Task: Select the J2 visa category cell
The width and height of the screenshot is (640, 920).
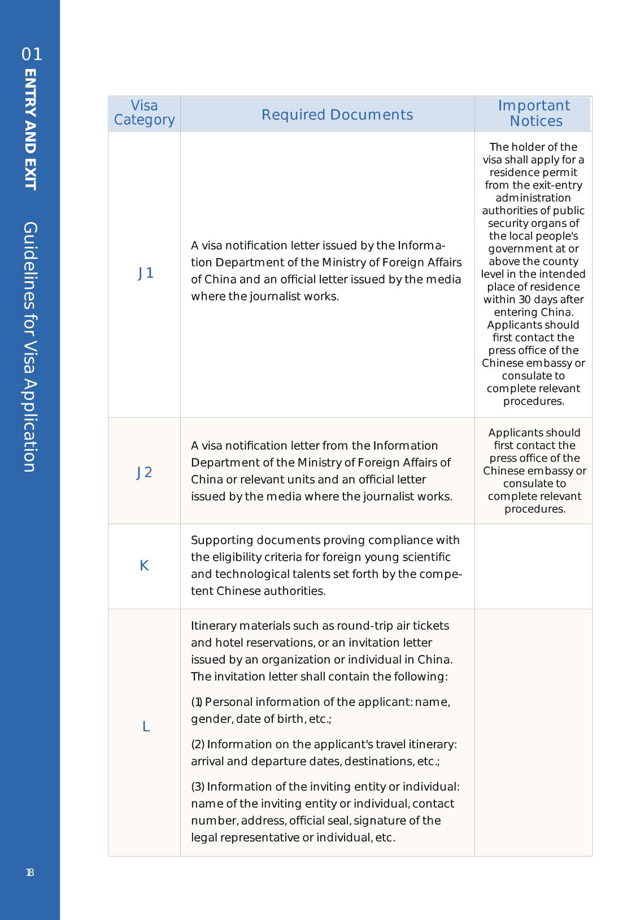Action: pos(145,473)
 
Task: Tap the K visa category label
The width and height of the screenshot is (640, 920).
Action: pos(144,566)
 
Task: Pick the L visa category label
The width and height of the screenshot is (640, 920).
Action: pos(146,727)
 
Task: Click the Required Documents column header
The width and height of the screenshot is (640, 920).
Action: pos(337,115)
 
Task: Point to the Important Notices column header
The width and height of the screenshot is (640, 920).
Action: pos(534,114)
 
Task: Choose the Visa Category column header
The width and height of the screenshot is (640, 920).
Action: pos(144,113)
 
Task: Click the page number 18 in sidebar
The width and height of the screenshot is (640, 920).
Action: pos(30,873)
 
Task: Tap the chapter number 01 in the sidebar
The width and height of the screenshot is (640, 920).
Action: pos(32,55)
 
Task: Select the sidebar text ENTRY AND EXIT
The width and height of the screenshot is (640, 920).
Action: pos(31,130)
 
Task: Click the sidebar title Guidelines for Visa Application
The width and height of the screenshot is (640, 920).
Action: pos(31,347)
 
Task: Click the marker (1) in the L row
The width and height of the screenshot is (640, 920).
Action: pos(197,702)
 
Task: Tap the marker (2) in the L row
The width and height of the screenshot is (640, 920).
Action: pos(198,744)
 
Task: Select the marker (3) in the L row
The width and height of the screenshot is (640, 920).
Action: pos(198,787)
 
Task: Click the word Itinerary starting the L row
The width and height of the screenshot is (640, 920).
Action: pos(214,626)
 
